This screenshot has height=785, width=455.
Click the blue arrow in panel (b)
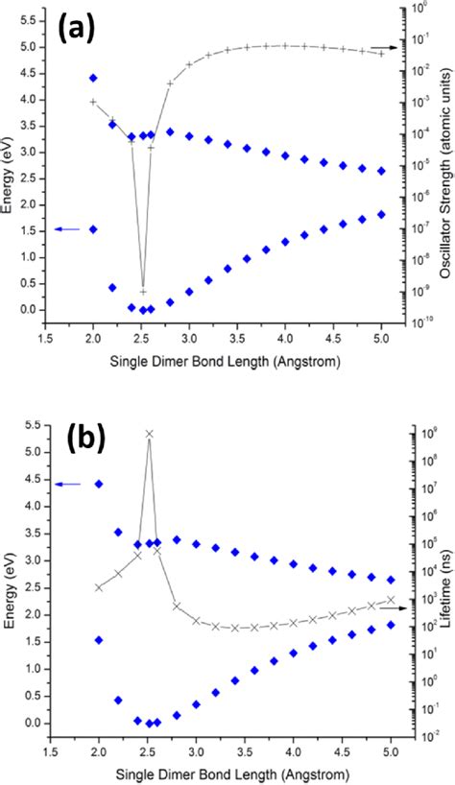coord(67,484)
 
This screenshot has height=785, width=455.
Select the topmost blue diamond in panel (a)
coord(93,78)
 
